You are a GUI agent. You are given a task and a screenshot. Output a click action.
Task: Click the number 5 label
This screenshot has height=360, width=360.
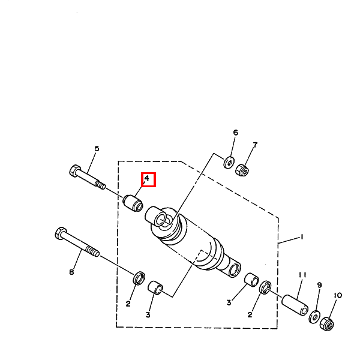pyautogui.click(x=97, y=149)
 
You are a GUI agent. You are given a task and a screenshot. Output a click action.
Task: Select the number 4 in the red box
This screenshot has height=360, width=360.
pyautogui.click(x=147, y=179)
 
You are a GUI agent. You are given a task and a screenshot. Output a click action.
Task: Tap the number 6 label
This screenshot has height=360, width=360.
pyautogui.click(x=235, y=133)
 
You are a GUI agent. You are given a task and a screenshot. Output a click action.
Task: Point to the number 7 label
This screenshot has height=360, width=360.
pyautogui.click(x=254, y=145)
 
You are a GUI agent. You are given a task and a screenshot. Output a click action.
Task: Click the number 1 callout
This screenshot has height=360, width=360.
pyautogui.click(x=301, y=237)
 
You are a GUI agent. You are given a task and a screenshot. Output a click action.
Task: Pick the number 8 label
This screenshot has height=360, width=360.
pyautogui.click(x=71, y=272)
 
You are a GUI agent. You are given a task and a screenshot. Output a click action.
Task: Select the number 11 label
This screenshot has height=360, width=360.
pyautogui.click(x=302, y=275)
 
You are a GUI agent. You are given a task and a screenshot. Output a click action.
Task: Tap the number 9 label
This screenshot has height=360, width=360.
pyautogui.click(x=319, y=285)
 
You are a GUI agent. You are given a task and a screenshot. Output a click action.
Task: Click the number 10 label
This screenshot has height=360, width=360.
pyautogui.click(x=337, y=295)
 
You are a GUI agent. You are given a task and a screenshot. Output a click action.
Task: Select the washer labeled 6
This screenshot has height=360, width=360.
pyautogui.click(x=229, y=162)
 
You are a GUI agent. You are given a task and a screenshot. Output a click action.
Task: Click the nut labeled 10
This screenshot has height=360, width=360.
pyautogui.click(x=328, y=325)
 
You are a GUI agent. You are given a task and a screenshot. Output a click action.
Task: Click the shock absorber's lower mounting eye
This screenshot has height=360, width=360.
pyautogui.click(x=235, y=268)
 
